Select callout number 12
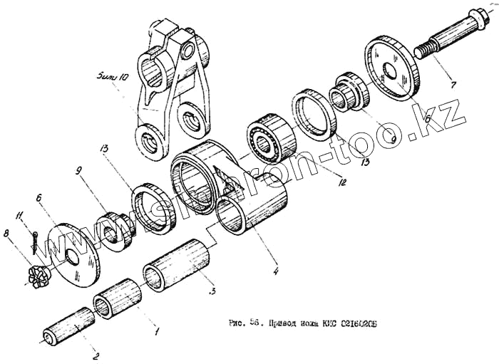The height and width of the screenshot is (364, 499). tap(342, 183)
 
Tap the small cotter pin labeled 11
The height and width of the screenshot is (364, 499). tap(34, 242)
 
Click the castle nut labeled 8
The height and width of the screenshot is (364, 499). tap(35, 274)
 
